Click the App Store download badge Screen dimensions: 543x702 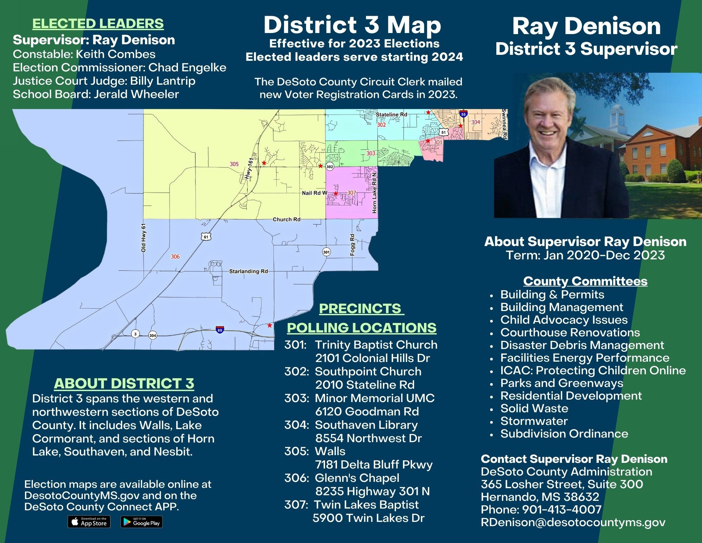tap(89, 522)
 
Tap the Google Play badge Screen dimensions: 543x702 tap(141, 522)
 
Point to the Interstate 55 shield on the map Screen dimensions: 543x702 tap(463, 114)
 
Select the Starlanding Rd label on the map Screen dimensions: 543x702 tap(249, 271)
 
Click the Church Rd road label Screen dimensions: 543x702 tap(287, 220)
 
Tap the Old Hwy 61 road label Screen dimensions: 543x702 tap(143, 238)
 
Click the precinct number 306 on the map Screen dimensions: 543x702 tap(175, 257)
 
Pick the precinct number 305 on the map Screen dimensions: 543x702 tap(234, 164)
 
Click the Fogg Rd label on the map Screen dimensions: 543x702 tap(353, 245)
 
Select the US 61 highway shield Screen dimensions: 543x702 tap(206, 237)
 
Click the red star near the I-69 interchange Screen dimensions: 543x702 tap(269, 325)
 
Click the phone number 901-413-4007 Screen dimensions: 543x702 tap(562, 509)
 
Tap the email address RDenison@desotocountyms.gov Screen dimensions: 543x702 tap(573, 522)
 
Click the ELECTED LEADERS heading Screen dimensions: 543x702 tap(98, 24)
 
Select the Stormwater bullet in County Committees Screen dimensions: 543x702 tap(534, 421)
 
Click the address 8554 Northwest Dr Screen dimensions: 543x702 tap(368, 438)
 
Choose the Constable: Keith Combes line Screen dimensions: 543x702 tap(84, 54)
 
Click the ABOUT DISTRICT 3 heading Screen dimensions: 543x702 tap(124, 383)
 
